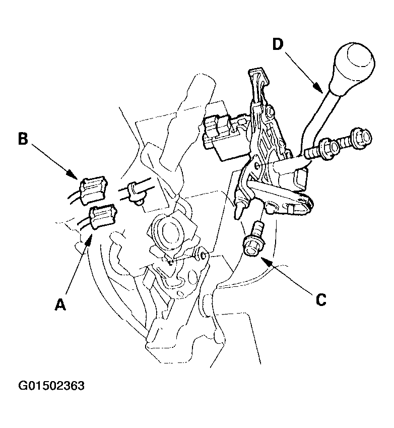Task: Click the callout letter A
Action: click(x=60, y=304)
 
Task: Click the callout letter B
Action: click(x=23, y=139)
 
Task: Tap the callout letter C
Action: click(x=321, y=300)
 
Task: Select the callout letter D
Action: click(x=278, y=44)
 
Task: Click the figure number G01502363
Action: click(x=51, y=386)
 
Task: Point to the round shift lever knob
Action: click(x=353, y=70)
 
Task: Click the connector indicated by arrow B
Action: click(x=93, y=189)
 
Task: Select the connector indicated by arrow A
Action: click(x=102, y=216)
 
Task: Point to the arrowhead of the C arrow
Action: click(x=266, y=261)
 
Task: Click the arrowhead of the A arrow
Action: click(x=89, y=238)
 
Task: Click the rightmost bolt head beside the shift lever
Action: click(x=362, y=138)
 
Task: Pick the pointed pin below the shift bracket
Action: click(x=239, y=210)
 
